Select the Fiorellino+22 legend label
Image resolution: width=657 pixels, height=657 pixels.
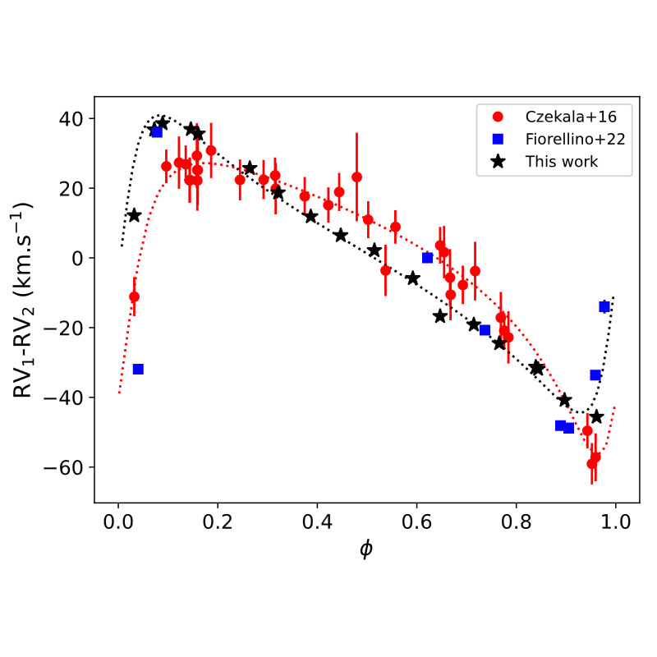pos(575,139)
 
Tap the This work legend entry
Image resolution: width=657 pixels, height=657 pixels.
pos(562,162)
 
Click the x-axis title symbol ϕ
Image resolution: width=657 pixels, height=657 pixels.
pos(365,549)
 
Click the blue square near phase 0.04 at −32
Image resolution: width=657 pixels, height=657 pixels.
pos(138,370)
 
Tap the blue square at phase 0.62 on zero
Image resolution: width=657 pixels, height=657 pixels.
pos(427,258)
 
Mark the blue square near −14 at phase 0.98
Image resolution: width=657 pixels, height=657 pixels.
pos(604,306)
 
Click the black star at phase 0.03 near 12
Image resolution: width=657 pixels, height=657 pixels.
pos(134,215)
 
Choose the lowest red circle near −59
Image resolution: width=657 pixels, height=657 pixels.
pos(591,464)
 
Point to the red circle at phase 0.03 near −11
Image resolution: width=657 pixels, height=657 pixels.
pos(134,296)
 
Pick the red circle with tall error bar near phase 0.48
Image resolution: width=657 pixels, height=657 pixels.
pos(356,177)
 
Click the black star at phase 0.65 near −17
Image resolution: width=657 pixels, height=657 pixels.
pos(440,316)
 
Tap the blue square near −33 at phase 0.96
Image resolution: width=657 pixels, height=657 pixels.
pos(595,375)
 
